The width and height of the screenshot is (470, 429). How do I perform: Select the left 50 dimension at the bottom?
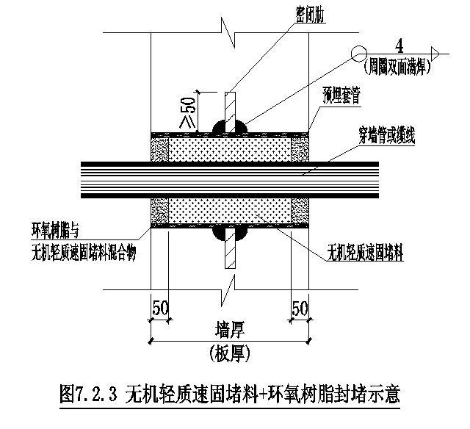tap(159, 307)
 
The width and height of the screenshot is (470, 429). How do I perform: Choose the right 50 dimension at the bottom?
tap(300, 307)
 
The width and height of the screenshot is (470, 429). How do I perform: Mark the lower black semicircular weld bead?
tap(230, 234)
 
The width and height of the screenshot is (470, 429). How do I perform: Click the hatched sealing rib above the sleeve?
tap(230, 105)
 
